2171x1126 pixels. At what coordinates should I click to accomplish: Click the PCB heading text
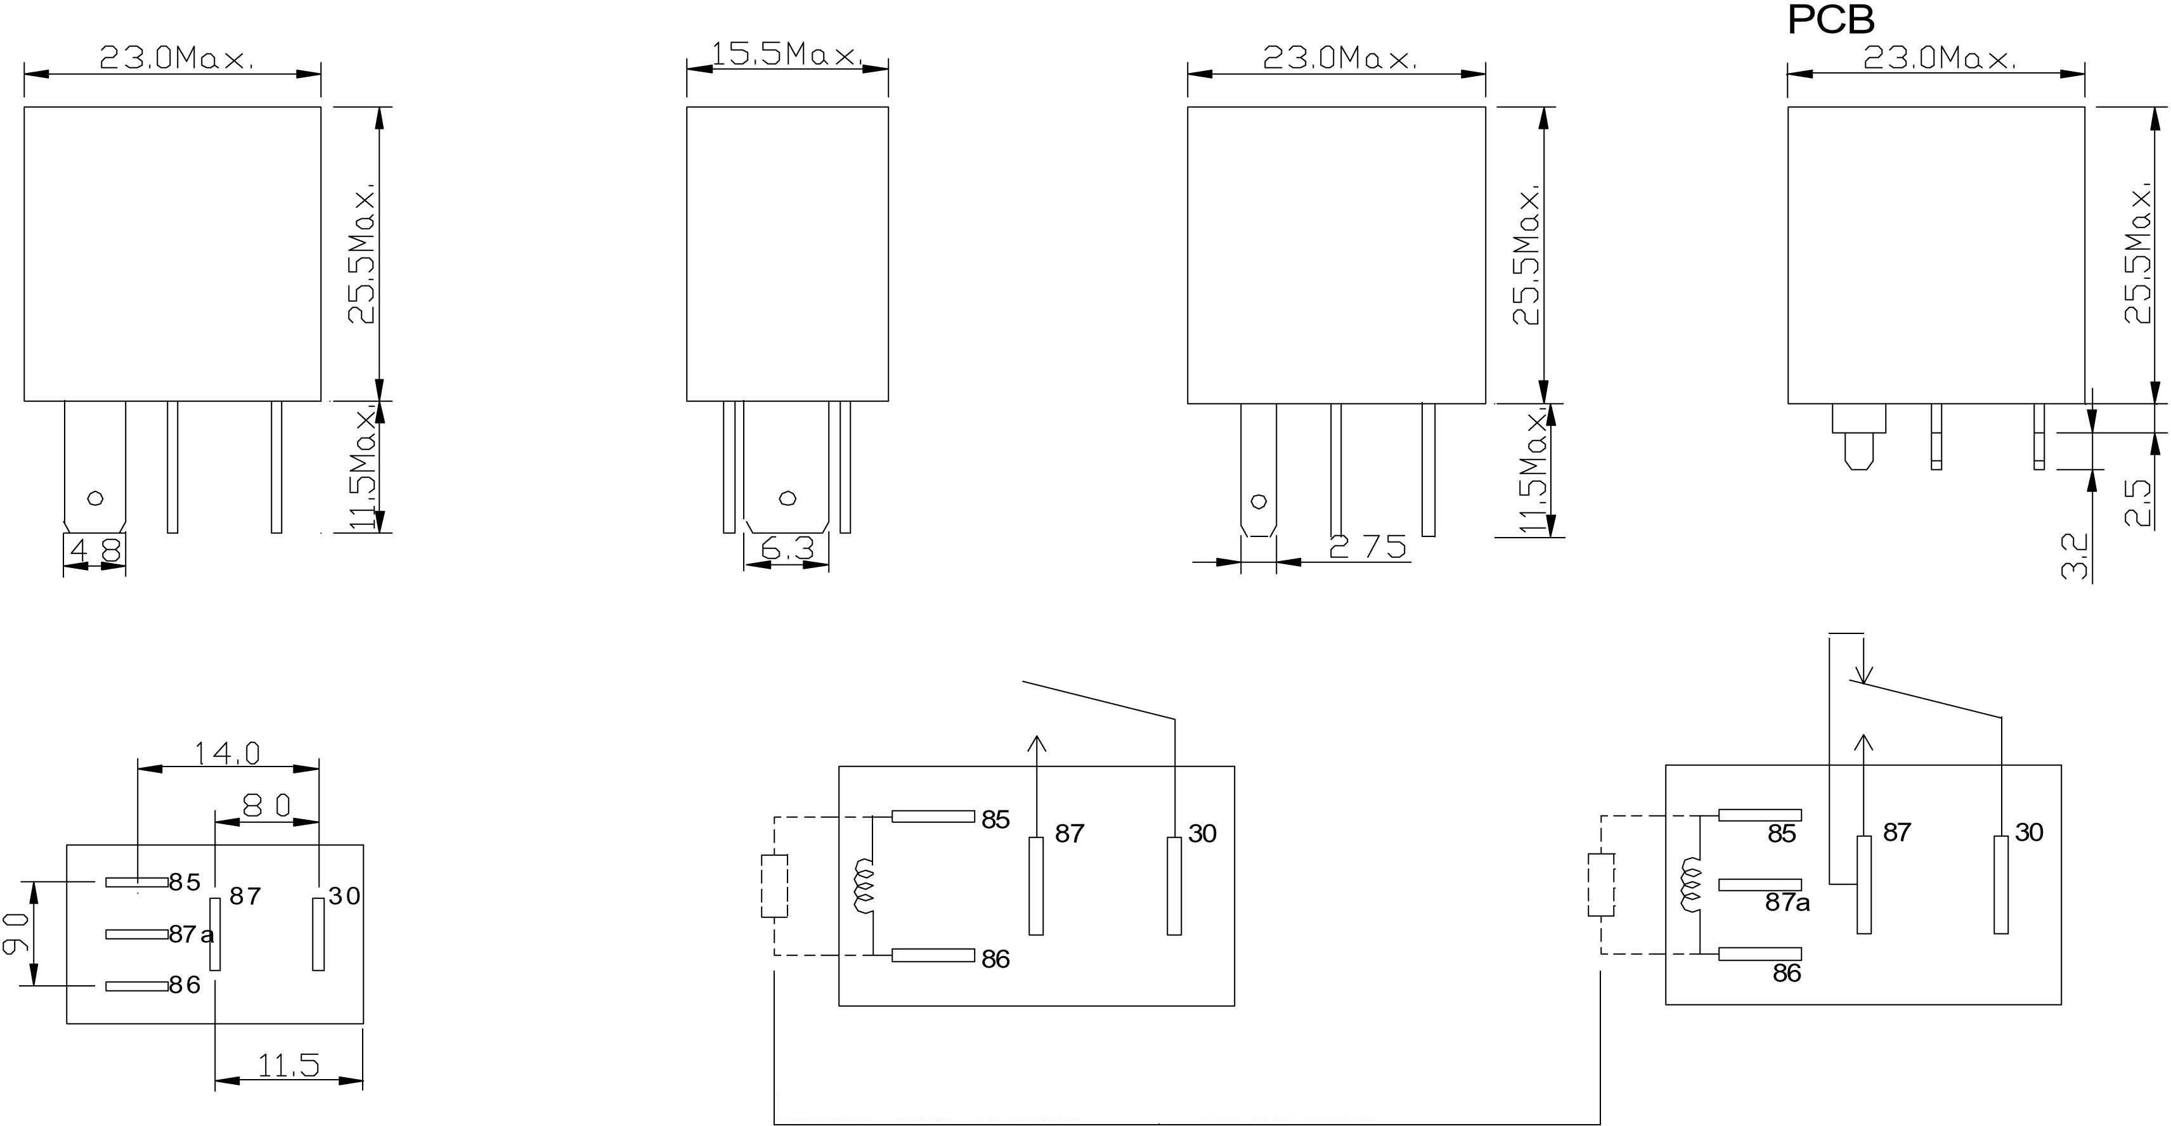tap(1830, 20)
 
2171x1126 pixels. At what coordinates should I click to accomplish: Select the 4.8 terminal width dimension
tap(95, 550)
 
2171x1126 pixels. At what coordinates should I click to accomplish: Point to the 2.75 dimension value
tap(1368, 547)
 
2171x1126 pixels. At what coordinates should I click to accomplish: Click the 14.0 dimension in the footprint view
tap(228, 753)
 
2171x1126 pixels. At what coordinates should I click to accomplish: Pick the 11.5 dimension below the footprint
tap(288, 1066)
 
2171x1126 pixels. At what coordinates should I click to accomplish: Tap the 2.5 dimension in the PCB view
tap(2138, 503)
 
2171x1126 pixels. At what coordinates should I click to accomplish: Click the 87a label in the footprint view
tap(191, 935)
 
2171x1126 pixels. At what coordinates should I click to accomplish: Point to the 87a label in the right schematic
tap(1787, 903)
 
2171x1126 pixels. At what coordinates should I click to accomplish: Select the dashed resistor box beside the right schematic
tap(1600, 885)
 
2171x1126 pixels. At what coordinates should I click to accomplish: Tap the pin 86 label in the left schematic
tap(995, 959)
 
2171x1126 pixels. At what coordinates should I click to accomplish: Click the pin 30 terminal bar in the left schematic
tap(1174, 886)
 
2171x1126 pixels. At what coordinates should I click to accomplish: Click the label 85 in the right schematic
tap(1782, 834)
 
